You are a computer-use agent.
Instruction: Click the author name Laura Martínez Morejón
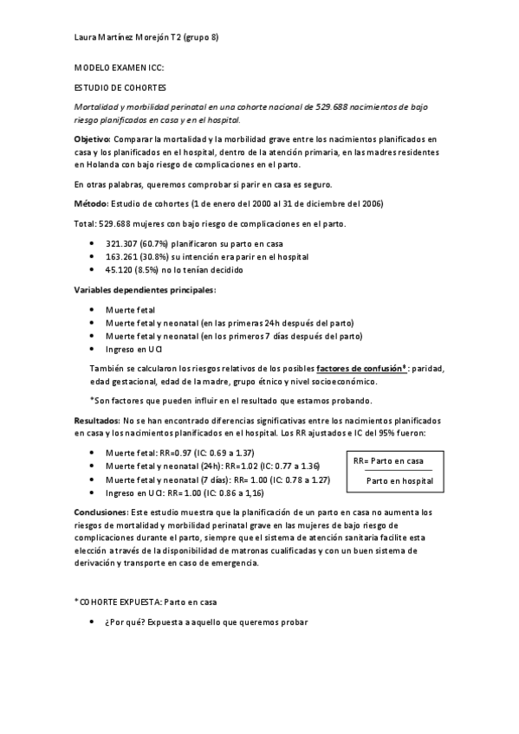[126, 36]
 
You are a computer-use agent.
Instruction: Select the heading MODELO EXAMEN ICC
[119, 68]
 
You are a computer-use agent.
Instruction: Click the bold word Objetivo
[93, 138]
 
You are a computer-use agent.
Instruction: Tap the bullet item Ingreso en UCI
[133, 348]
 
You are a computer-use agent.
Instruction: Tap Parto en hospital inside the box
[399, 480]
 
